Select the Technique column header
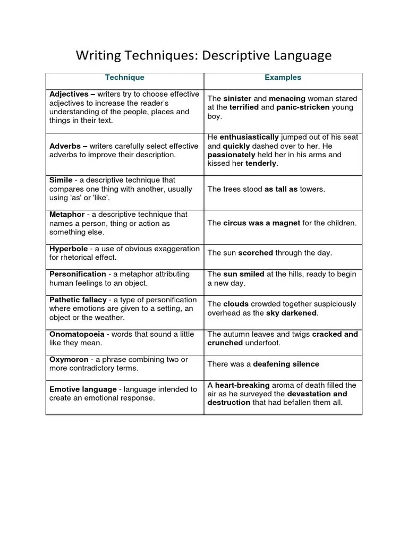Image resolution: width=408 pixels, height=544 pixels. click(124, 78)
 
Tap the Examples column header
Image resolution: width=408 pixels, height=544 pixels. click(283, 78)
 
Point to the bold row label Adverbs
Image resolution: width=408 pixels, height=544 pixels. click(65, 146)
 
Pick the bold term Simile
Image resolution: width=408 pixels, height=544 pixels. click(61, 180)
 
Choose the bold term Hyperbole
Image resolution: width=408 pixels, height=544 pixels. click(71, 249)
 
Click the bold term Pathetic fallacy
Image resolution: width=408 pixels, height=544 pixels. click(78, 300)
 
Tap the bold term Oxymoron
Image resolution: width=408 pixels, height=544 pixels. click(69, 360)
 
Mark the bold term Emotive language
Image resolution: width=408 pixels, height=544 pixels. click(82, 389)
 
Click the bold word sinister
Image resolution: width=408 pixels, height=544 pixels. click(236, 99)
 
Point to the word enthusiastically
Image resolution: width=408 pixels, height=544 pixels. click(249, 137)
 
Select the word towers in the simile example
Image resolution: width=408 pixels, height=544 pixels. click(312, 189)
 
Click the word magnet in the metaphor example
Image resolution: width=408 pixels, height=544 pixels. click(286, 223)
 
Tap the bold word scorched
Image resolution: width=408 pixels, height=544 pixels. click(256, 253)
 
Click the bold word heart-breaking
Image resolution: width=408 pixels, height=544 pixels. click(242, 385)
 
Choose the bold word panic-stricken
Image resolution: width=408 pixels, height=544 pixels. click(303, 107)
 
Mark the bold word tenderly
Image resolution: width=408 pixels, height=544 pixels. click(261, 163)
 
